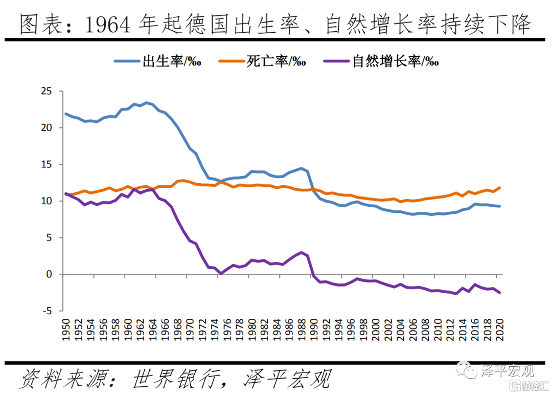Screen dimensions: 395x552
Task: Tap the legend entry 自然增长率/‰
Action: [x=395, y=62]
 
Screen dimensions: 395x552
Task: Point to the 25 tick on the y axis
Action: [x=47, y=91]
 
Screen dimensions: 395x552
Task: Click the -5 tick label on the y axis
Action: [x=48, y=311]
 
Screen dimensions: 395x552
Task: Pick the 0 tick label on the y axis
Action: [x=50, y=274]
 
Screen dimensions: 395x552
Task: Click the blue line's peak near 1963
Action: [x=147, y=103]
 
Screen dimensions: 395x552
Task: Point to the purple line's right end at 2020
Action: [x=499, y=293]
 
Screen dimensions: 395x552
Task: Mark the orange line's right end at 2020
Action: [x=499, y=188]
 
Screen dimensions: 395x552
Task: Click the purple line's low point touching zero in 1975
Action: [x=221, y=274]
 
